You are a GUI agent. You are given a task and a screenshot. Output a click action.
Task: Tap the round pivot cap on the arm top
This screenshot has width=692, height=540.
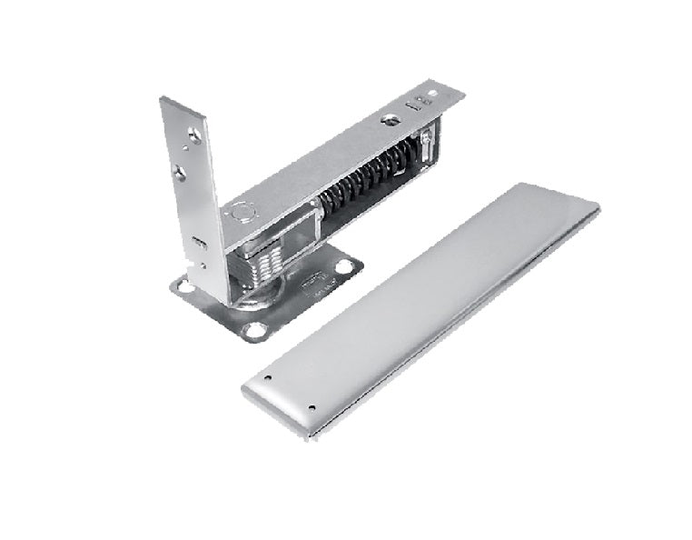coord(241,215)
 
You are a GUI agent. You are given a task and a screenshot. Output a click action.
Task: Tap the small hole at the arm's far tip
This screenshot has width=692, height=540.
coord(435,94)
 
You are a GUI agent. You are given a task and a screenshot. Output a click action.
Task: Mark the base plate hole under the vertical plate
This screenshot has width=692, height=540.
coord(185,285)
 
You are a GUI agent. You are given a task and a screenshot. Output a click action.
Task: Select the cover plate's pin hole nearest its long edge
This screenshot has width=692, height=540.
coord(312,408)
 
